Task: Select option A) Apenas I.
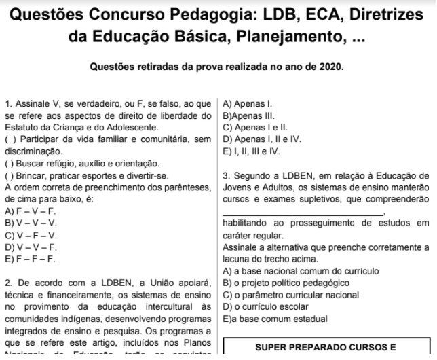point(248,104)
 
